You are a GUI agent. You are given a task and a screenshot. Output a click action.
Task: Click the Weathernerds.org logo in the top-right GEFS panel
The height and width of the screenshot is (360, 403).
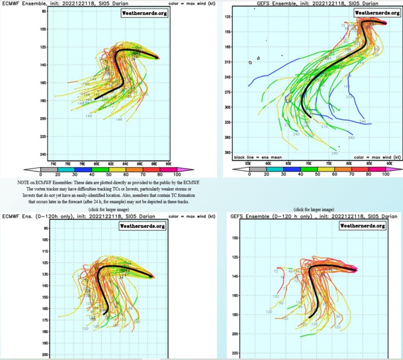pos(372,12)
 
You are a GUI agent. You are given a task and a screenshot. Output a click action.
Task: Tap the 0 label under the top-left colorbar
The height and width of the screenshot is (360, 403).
pos(41,175)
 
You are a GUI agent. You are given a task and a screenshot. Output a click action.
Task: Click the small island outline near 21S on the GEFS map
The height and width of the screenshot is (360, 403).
pos(250,62)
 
